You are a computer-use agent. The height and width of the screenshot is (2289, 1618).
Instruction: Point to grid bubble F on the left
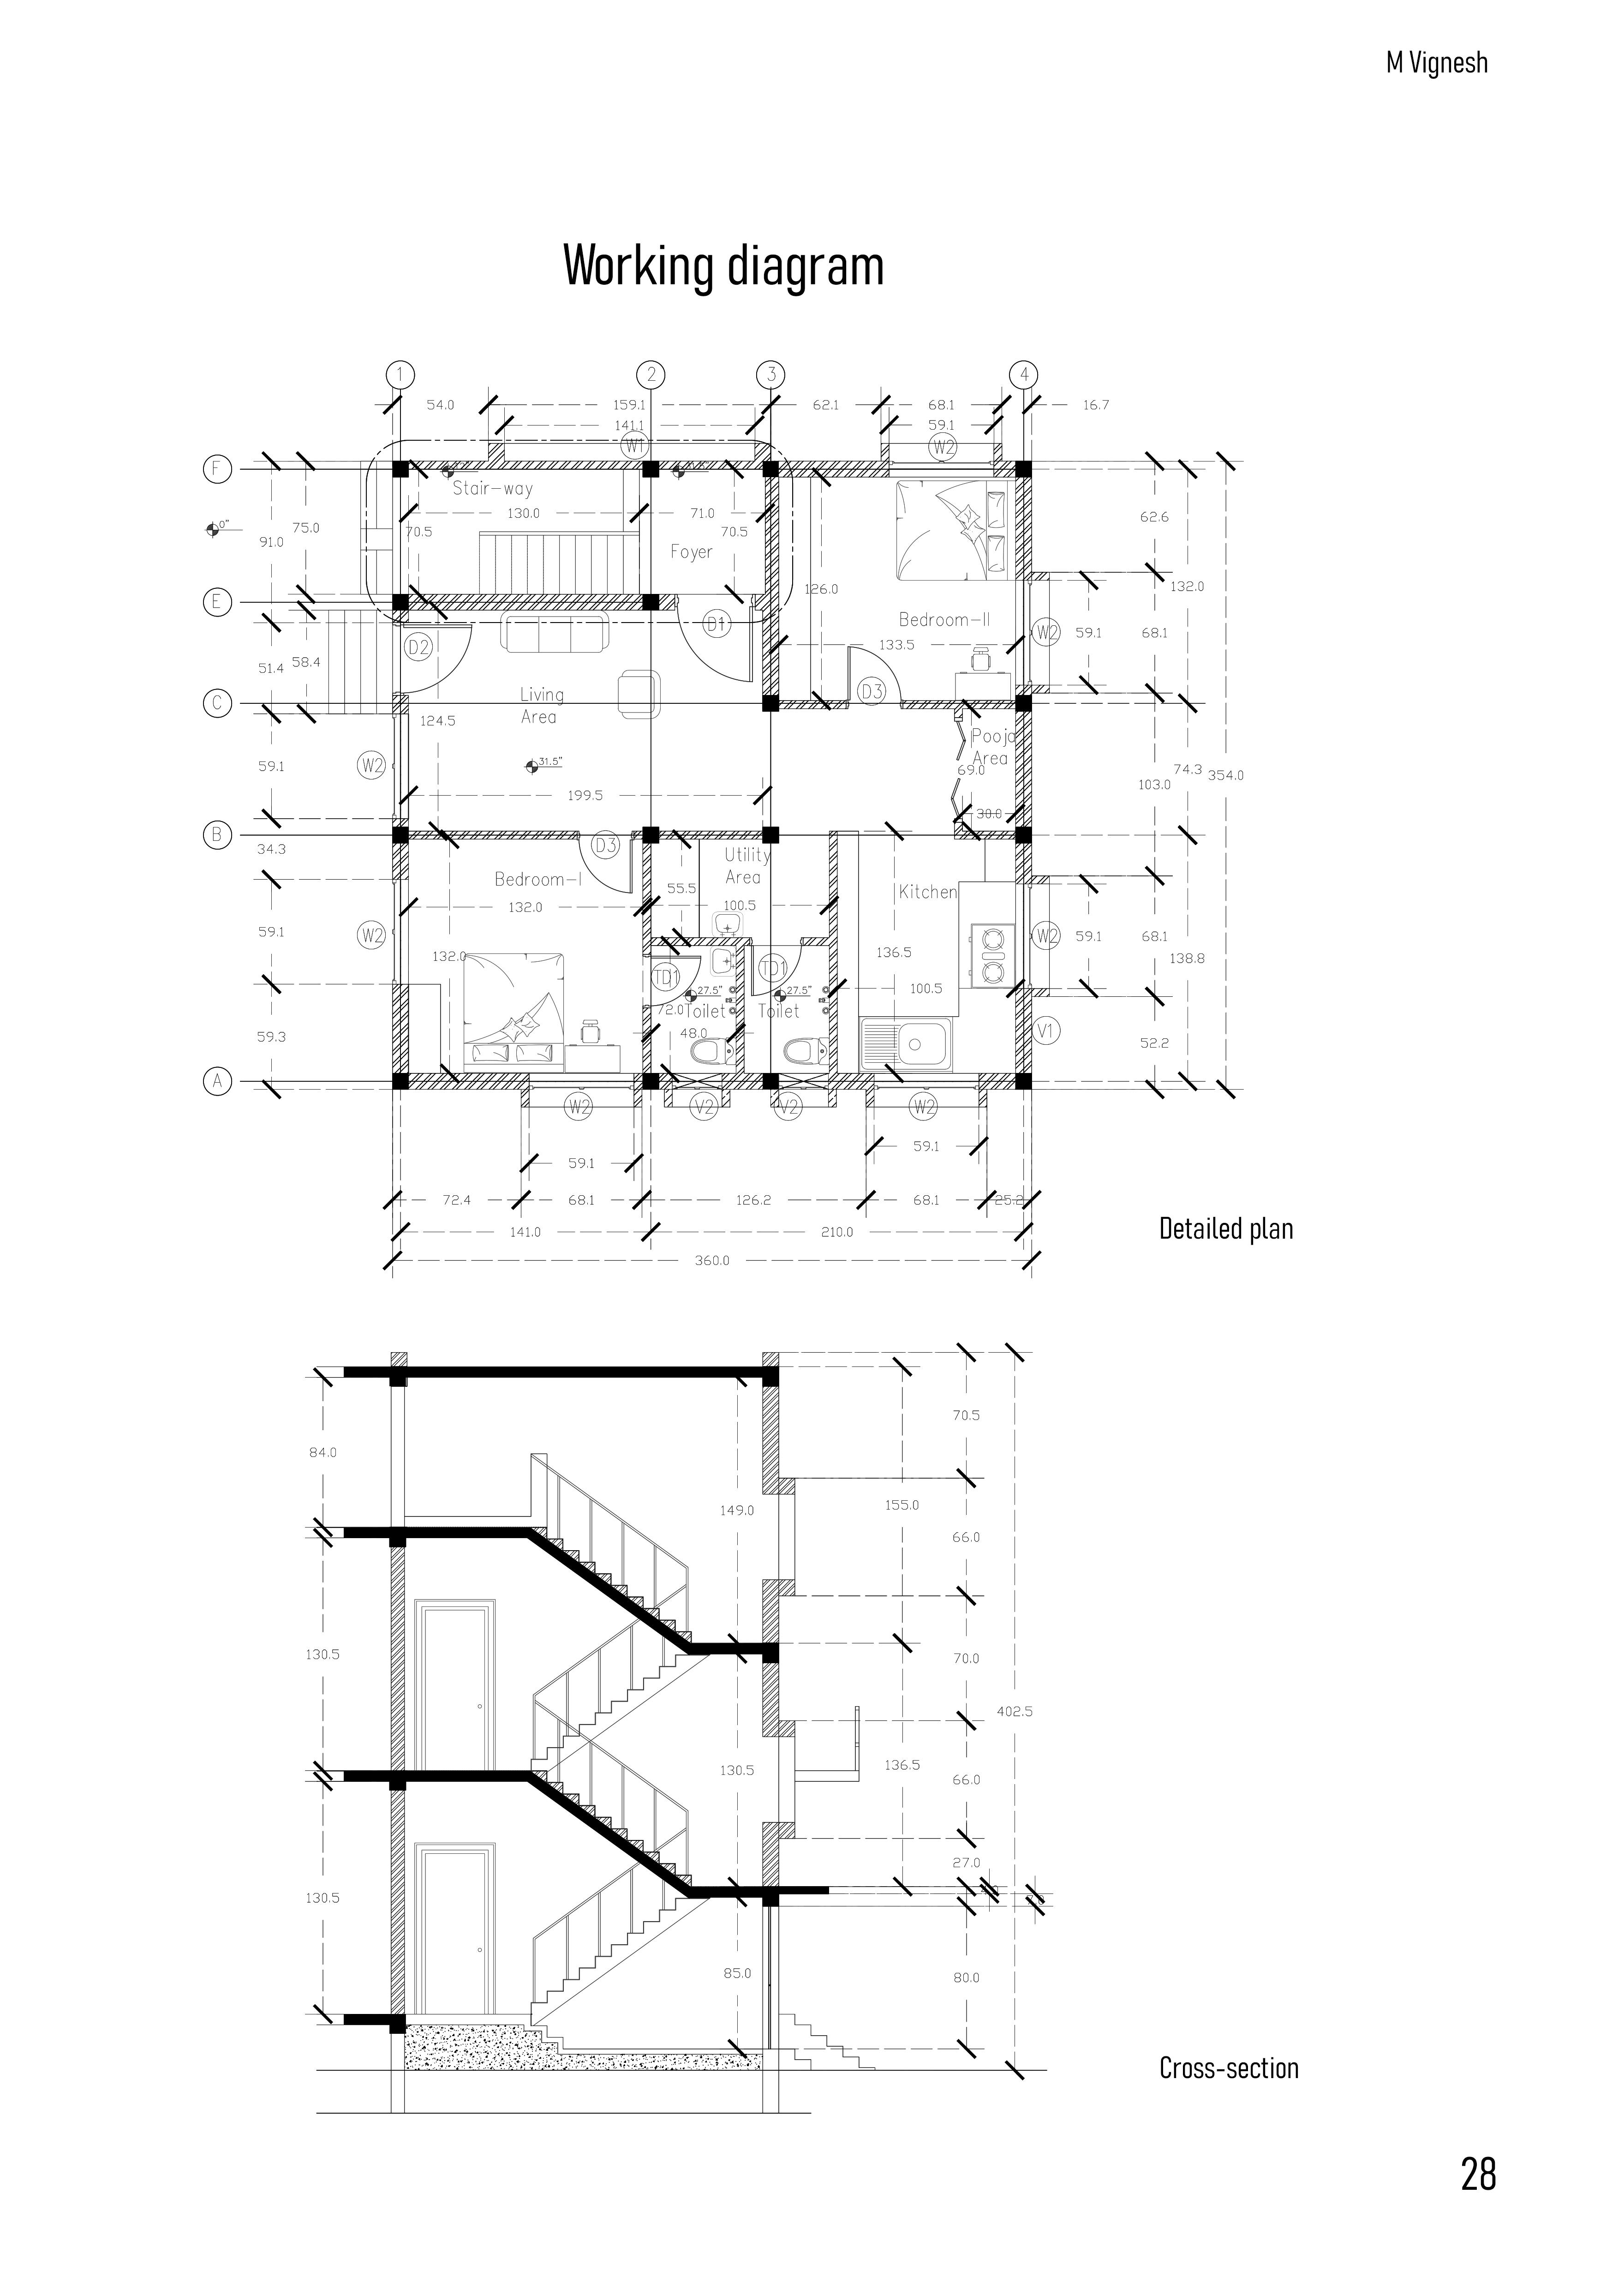(216, 468)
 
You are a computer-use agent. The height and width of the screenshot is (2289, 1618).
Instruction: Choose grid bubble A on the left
(216, 1080)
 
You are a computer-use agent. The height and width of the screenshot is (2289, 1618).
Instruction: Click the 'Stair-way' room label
(492, 489)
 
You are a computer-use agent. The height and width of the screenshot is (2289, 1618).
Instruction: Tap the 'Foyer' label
(691, 551)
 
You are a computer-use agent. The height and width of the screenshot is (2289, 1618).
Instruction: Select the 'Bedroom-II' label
(944, 619)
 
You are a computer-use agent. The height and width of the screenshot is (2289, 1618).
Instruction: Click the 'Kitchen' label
(927, 891)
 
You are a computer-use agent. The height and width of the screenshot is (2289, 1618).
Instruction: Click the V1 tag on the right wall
(1045, 1031)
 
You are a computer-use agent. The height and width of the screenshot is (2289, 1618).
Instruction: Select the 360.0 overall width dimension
(712, 1260)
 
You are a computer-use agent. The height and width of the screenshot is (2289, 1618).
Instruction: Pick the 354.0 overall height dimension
(1225, 775)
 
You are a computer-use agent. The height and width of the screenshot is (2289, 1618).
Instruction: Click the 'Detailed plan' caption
(1225, 1228)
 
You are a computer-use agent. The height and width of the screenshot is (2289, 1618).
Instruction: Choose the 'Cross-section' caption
(1228, 2069)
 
